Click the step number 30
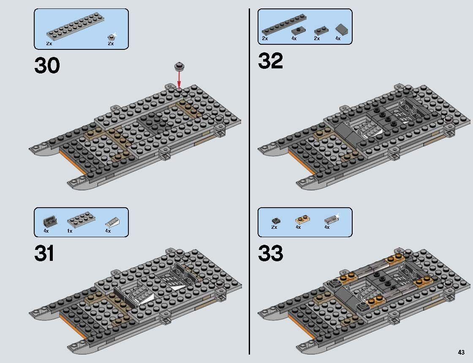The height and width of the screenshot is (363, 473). coord(47,65)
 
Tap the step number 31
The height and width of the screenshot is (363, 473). coord(44,254)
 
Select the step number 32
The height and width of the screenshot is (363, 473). coord(270,61)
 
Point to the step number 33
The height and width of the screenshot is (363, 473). coord(270,254)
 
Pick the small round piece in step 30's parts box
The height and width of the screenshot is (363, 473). coord(111,37)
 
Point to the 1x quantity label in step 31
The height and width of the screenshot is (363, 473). coord(70,231)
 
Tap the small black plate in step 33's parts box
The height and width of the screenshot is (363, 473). coord(275,220)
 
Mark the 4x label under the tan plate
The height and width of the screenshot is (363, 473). coord(298,227)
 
